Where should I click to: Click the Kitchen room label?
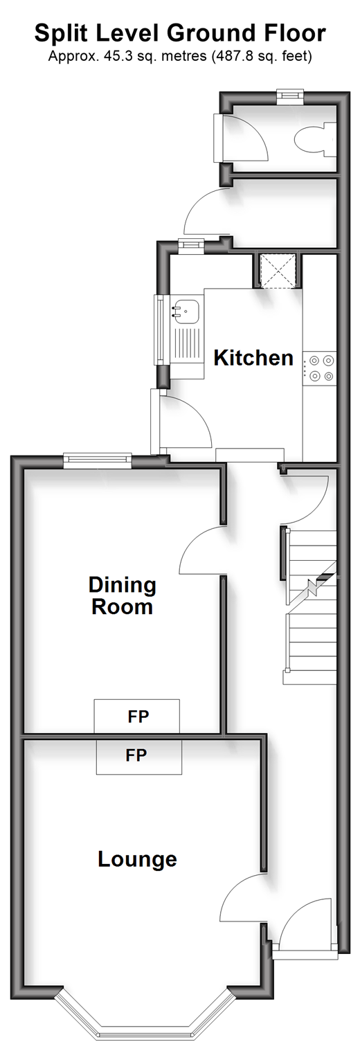253,358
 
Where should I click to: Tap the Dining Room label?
123,595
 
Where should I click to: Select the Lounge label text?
137,859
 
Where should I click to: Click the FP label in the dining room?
138,717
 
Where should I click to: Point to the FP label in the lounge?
136,755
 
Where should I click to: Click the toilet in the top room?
316,140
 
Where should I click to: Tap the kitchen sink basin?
187,312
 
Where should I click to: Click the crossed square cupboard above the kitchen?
278,271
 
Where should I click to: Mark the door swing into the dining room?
202,550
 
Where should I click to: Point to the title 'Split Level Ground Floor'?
180,33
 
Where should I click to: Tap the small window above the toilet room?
289,96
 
